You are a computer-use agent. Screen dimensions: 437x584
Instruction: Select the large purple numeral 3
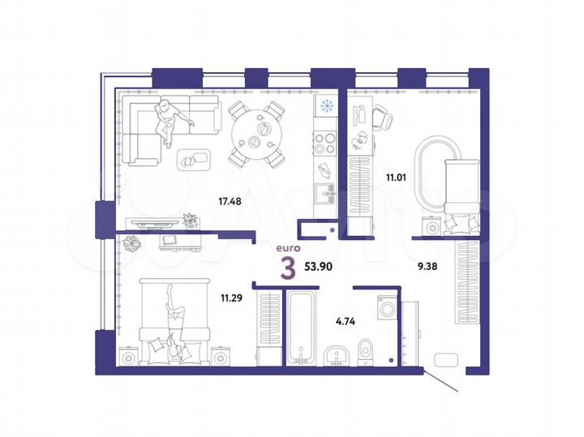click(x=287, y=267)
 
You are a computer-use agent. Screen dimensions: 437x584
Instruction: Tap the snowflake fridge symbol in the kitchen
click(x=326, y=105)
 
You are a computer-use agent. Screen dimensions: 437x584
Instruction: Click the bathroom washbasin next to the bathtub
click(x=333, y=356)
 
